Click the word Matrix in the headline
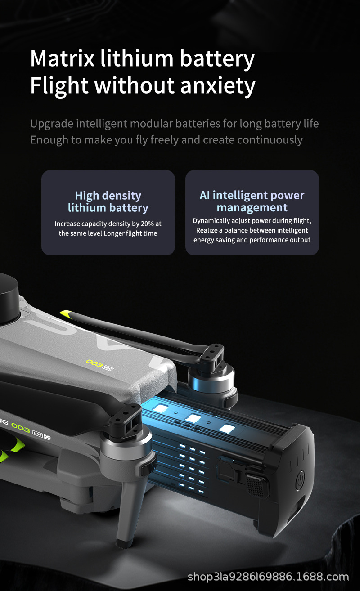[62, 58]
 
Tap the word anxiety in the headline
[218, 86]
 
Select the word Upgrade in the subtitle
[52, 124]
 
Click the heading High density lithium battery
[108, 201]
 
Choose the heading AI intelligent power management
[252, 201]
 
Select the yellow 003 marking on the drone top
[94, 363]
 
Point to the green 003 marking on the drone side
[20, 429]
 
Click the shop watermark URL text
[268, 577]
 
